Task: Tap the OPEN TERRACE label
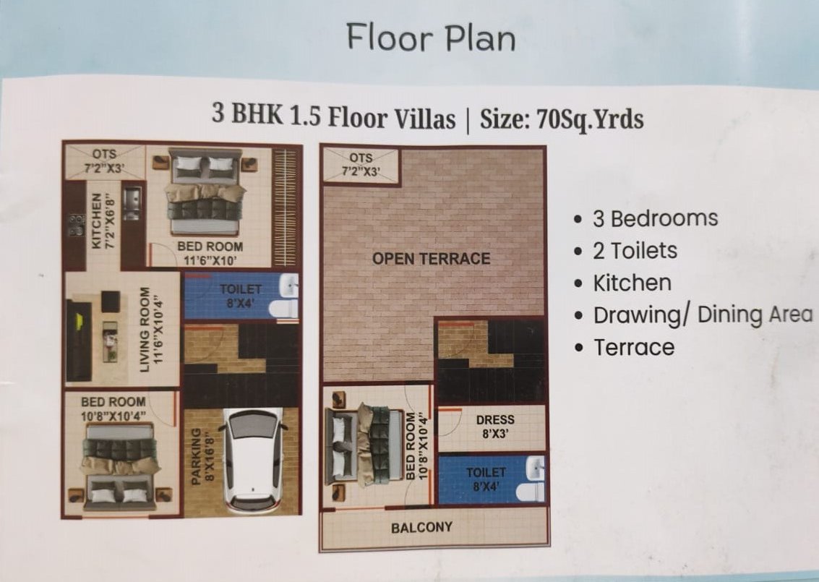431,259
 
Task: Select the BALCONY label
421,528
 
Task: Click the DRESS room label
495,419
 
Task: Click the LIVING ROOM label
145,330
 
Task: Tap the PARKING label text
195,457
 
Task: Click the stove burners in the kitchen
77,225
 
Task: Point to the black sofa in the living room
80,340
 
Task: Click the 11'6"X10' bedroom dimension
210,260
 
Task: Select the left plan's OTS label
105,154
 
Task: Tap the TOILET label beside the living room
240,289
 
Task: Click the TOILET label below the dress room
486,472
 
